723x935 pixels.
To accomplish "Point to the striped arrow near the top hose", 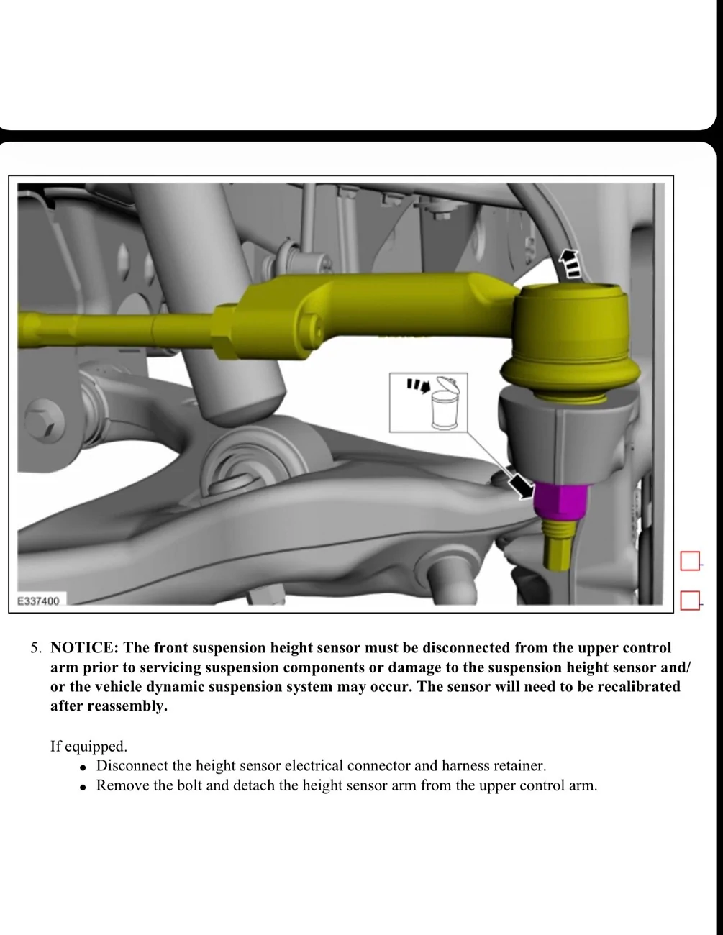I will coord(571,265).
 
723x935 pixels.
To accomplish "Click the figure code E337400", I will coord(39,600).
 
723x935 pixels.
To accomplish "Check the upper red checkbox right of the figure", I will coord(689,561).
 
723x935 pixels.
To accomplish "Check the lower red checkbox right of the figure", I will coord(689,599).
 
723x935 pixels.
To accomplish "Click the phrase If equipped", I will coord(88,746).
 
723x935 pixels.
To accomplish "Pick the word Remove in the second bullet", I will coord(119,785).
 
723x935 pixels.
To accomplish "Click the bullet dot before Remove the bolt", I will coord(83,786).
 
